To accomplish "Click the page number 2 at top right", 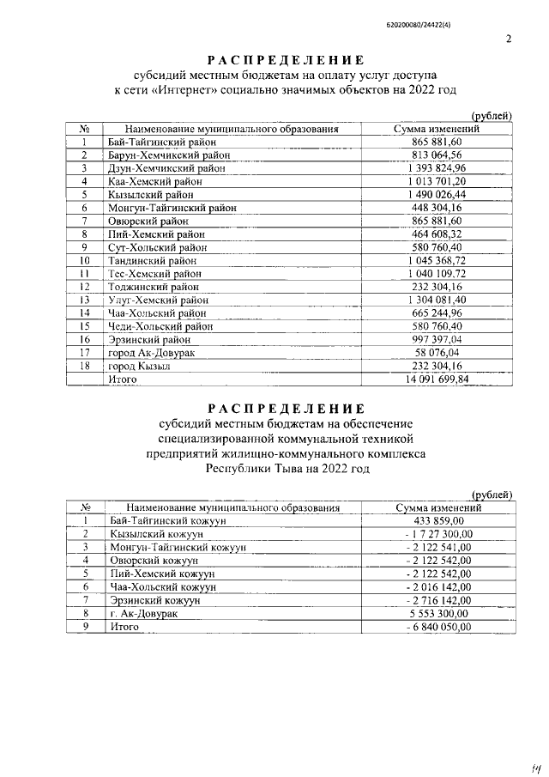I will point(509,39).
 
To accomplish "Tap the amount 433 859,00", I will point(438,520).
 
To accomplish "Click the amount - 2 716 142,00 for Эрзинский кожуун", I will point(438,601).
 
